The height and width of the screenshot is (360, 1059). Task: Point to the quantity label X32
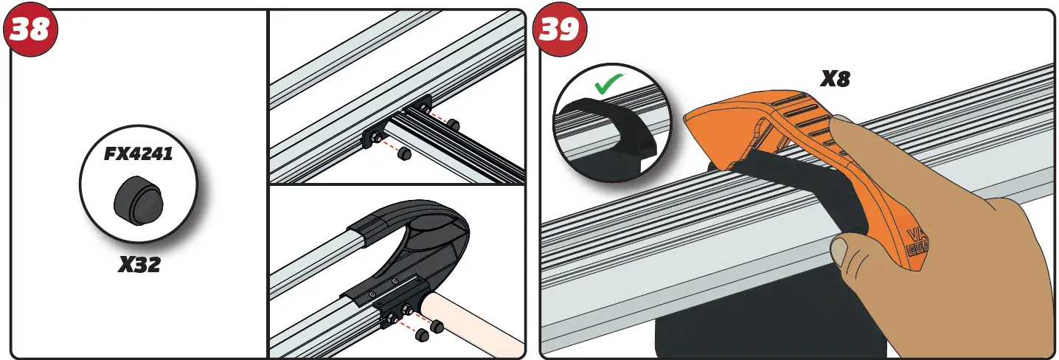pyautogui.click(x=139, y=263)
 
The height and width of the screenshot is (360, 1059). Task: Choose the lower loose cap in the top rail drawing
pyautogui.click(x=403, y=154)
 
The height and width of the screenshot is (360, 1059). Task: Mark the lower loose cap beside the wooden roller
pyautogui.click(x=423, y=336)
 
